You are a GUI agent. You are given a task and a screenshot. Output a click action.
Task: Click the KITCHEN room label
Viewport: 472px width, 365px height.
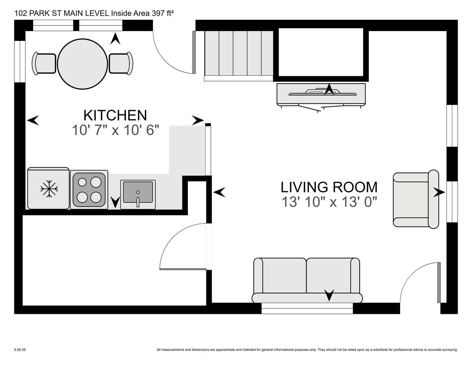[115, 115]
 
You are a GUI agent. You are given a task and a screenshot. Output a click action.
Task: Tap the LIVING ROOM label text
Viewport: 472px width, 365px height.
[329, 187]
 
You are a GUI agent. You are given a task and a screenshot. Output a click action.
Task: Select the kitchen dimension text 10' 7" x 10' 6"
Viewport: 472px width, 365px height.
[115, 130]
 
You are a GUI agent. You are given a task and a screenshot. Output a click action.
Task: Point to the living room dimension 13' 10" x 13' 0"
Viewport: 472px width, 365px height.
[329, 202]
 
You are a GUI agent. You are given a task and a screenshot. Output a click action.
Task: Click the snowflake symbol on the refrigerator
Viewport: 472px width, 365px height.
[49, 189]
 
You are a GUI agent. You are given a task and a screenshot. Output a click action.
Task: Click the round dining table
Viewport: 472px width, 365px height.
[82, 64]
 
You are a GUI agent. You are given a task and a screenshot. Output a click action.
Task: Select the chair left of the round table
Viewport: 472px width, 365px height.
[44, 64]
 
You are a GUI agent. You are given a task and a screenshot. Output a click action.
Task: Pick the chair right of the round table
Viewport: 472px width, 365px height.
[121, 64]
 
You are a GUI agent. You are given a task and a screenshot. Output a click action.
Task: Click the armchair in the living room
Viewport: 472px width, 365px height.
[416, 199]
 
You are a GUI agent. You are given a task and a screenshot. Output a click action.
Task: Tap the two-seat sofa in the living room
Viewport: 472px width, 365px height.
[307, 280]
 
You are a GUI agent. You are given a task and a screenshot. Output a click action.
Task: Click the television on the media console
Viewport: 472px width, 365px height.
[322, 92]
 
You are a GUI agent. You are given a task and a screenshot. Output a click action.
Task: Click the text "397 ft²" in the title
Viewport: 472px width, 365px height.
[162, 13]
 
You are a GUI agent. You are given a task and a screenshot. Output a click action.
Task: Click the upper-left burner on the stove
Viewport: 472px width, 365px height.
[82, 182]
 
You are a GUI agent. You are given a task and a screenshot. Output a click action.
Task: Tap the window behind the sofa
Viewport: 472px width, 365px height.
[307, 308]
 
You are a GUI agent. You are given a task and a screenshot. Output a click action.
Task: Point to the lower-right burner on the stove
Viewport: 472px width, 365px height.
[96, 197]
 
